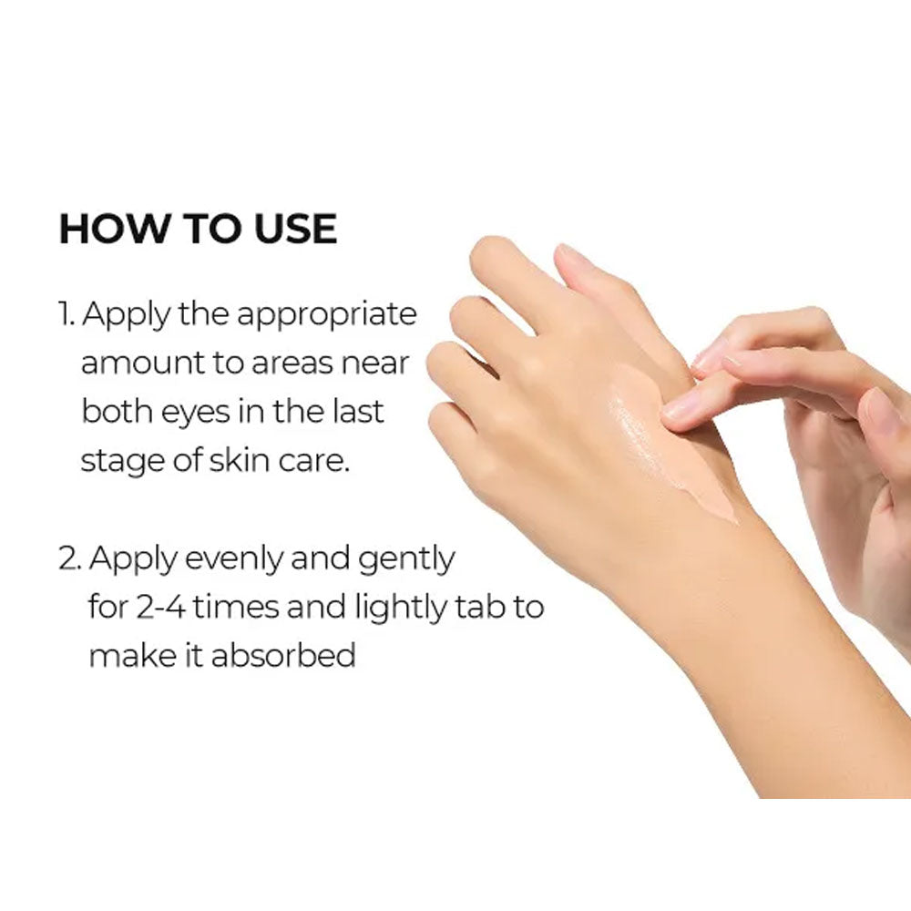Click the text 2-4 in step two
point(161,608)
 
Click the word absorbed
point(283,655)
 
